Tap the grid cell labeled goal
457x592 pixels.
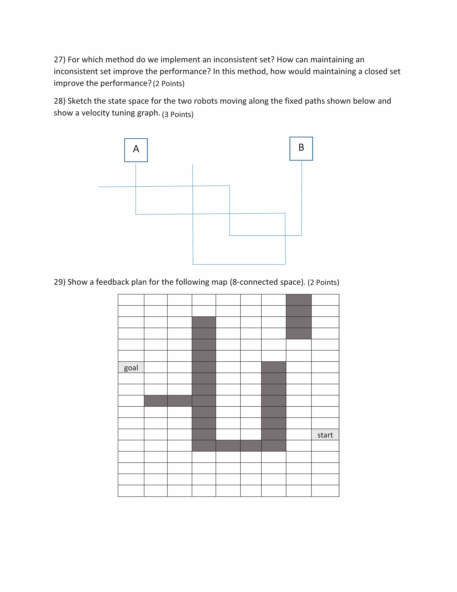tap(131, 367)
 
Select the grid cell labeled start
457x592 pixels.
tap(325, 435)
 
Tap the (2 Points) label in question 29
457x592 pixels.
tap(323, 282)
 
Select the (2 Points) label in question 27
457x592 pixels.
tap(169, 83)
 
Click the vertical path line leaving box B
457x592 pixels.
tap(302, 198)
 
